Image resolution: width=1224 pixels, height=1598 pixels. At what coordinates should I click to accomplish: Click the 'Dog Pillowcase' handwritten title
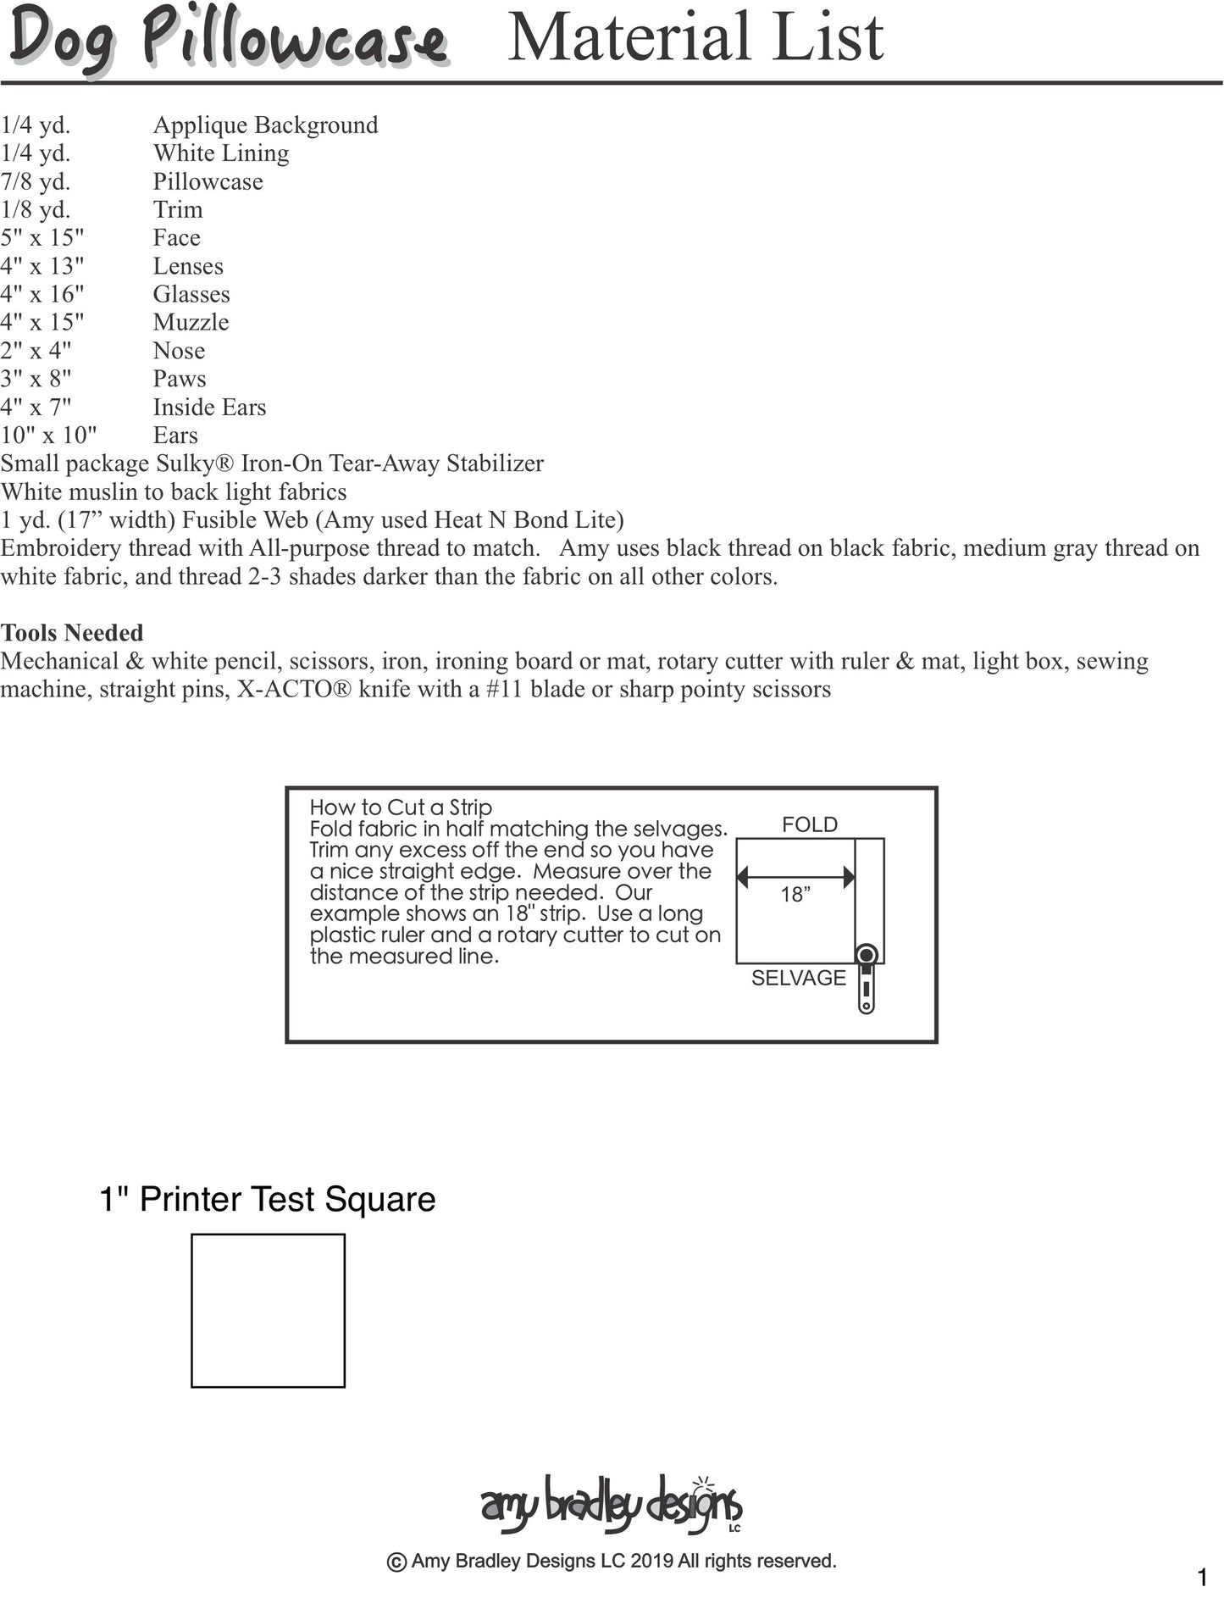[x=227, y=40]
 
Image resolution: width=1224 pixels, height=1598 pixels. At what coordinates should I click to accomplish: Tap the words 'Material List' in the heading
[x=695, y=37]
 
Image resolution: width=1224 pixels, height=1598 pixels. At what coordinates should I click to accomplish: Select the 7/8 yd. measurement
[x=36, y=181]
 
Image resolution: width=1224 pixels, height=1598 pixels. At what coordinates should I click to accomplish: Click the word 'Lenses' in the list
[x=188, y=266]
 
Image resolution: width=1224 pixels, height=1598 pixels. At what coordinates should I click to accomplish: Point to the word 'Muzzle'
[x=191, y=322]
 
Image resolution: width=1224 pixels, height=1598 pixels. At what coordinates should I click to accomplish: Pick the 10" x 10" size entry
[x=48, y=435]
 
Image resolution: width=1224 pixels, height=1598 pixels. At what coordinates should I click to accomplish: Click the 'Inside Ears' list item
[x=209, y=407]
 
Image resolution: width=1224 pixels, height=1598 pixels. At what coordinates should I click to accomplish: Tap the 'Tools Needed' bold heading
[x=72, y=632]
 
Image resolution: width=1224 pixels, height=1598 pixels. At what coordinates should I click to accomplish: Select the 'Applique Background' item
[x=265, y=125]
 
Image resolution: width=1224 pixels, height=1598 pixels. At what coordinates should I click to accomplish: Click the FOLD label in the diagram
[x=809, y=824]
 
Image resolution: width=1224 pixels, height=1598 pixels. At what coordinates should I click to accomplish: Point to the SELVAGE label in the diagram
[x=798, y=978]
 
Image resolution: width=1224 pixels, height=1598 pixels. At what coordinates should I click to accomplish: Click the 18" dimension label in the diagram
[x=795, y=895]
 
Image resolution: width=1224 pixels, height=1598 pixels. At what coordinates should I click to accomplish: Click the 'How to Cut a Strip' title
[x=401, y=807]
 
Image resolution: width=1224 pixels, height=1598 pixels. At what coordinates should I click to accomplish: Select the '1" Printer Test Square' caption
[x=268, y=1199]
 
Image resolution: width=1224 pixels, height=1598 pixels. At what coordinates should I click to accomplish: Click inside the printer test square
[x=268, y=1310]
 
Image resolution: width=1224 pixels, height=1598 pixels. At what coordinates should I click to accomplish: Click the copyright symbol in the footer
[x=396, y=1562]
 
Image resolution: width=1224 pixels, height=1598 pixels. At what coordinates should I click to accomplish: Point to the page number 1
[x=1202, y=1577]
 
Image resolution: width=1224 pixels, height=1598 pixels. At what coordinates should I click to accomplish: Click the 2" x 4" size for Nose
[x=36, y=351]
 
